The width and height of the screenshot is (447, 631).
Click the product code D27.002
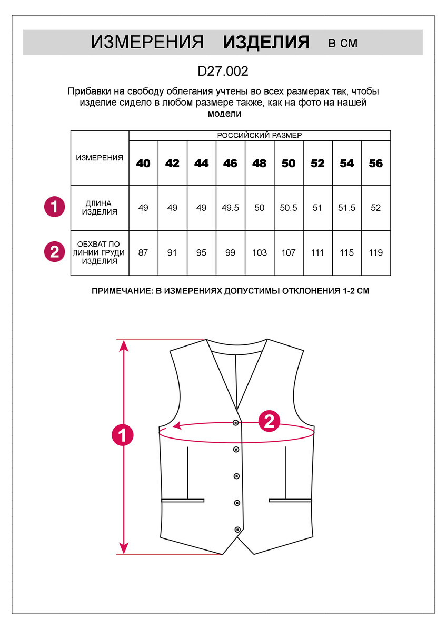point(223,71)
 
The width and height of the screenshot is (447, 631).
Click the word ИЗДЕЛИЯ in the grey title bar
point(266,43)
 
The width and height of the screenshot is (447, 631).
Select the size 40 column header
point(143,164)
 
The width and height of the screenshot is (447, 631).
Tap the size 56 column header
point(375,164)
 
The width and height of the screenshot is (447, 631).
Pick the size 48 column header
point(259,164)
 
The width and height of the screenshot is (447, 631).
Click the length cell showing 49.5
point(230,208)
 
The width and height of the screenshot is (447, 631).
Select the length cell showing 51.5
point(346,208)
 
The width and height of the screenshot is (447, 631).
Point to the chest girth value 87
point(143,253)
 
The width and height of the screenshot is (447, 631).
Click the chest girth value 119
point(375,253)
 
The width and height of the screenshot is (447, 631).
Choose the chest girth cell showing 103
point(259,253)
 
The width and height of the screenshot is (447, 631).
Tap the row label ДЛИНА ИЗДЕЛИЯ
point(100,208)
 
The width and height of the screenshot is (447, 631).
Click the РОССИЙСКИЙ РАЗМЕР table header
point(260,136)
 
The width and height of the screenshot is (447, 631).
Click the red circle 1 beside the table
point(54,207)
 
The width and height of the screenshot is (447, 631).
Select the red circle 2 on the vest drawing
point(269,421)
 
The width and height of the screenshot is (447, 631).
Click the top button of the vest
point(236,422)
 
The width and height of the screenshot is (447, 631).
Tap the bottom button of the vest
point(237,529)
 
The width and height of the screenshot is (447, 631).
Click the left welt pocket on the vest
point(182,500)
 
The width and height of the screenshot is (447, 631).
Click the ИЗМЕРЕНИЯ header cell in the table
point(100,158)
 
